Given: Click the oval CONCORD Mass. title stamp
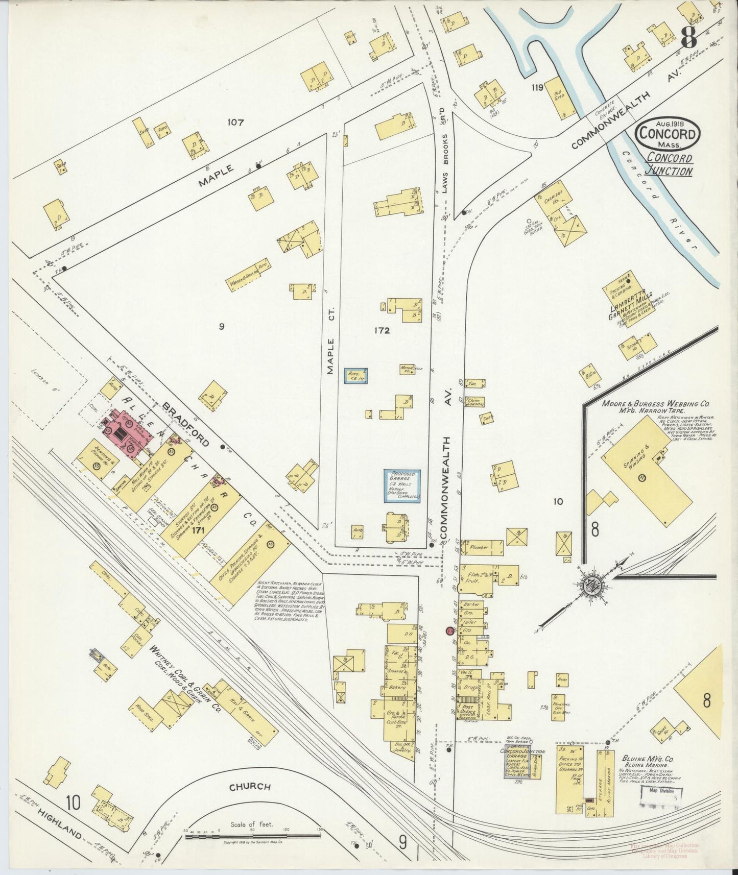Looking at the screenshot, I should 668,134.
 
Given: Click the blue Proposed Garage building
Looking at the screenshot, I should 402,486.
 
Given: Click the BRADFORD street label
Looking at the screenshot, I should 186,423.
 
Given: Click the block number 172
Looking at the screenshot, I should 381,331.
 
